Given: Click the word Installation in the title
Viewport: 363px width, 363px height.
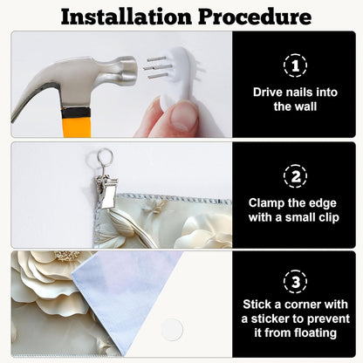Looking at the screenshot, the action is pos(127,17).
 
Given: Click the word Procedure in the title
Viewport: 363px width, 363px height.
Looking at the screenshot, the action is pos(255,17).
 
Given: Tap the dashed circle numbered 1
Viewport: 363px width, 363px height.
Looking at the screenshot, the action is pos(295,65).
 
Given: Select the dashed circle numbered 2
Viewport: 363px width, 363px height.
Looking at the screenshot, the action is pos(295,176).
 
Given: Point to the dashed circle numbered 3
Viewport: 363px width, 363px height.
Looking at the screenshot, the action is pos(295,282).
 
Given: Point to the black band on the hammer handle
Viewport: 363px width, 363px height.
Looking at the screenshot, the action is pos(76,113).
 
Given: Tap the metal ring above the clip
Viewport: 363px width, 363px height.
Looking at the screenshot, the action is pos(105,156).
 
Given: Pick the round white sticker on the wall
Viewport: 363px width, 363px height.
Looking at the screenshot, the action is pos(172,330).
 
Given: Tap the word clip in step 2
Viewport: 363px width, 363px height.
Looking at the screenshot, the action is pos(328,217).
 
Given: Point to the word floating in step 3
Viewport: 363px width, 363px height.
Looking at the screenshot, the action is pos(315,333).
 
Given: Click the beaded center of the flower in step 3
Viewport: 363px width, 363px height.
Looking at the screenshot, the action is pos(67,255).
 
